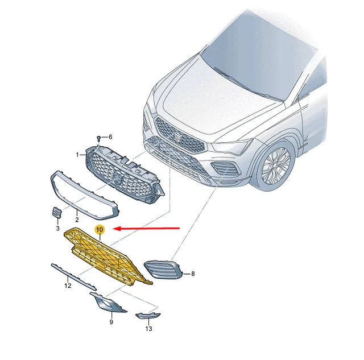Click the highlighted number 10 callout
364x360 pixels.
[x=100, y=230]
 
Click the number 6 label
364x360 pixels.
[x=110, y=137]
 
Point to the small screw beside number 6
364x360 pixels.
[x=99, y=139]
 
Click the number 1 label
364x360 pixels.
[x=77, y=155]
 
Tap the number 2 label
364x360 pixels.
[x=77, y=220]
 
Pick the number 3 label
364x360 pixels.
[x=57, y=228]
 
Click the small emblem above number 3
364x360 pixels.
[x=56, y=213]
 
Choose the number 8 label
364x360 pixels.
[x=193, y=274]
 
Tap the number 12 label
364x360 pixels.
[x=68, y=285]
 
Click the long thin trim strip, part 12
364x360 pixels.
[x=74, y=276]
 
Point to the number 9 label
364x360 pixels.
[x=111, y=322]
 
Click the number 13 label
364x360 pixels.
[x=148, y=329]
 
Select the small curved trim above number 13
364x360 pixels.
[x=148, y=316]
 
